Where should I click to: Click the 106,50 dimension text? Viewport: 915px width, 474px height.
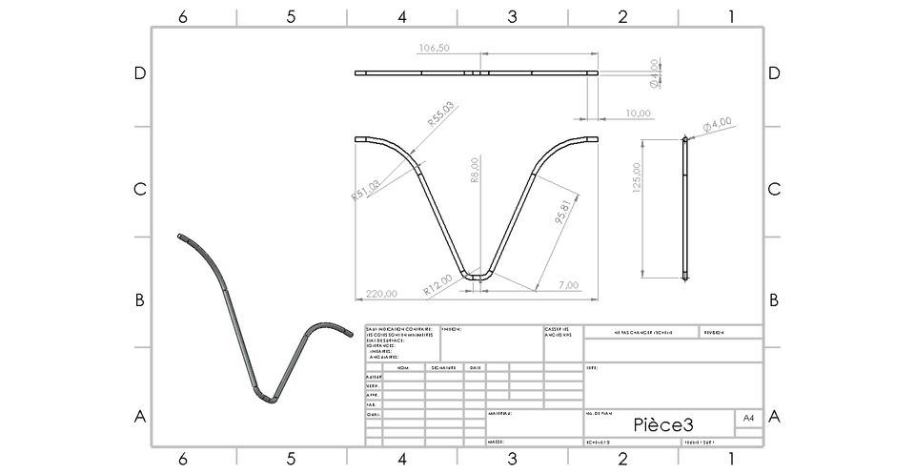[x=434, y=48]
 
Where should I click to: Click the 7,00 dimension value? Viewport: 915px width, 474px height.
[x=569, y=285]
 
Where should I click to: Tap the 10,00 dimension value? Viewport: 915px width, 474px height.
[x=638, y=113]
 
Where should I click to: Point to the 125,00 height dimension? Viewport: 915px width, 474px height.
[x=636, y=177]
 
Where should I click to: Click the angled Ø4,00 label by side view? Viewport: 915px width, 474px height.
[x=717, y=124]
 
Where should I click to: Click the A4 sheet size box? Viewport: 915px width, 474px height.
[x=748, y=418]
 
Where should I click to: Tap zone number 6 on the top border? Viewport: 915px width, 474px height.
[x=181, y=16]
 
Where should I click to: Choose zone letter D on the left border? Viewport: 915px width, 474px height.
[x=139, y=74]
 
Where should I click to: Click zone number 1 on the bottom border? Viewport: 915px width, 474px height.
[x=731, y=459]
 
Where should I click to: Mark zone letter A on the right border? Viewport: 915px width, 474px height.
[x=774, y=416]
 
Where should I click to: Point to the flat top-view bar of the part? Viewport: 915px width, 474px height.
[x=477, y=72]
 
